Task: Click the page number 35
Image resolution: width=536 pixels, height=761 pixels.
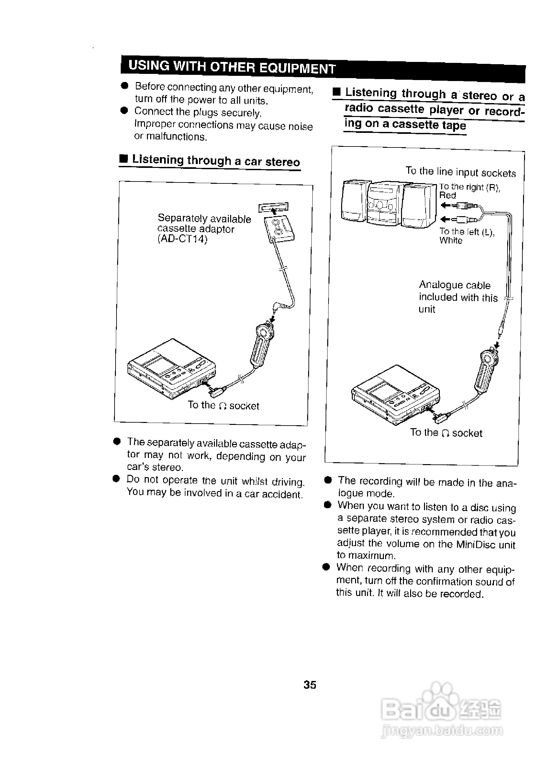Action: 309,685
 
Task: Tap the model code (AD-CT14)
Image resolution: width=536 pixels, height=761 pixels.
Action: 183,239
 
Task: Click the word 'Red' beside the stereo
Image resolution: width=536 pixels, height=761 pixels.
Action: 447,195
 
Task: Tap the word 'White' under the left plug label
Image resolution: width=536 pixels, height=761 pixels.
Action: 451,240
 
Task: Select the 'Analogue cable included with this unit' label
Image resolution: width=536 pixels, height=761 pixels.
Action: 458,297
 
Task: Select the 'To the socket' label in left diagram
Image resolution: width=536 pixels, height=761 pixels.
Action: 223,405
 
